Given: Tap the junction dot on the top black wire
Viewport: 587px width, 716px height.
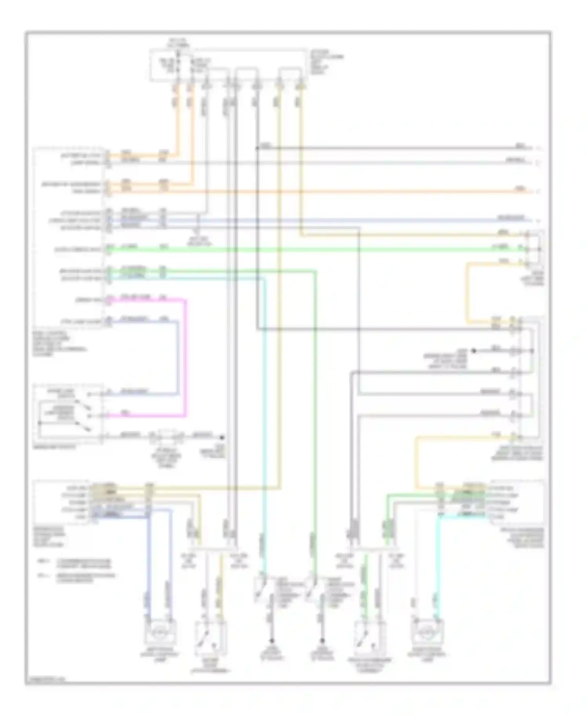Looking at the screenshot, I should [257, 148].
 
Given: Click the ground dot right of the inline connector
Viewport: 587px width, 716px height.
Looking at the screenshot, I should [222, 437].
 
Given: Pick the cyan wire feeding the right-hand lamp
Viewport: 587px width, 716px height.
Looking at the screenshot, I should [438, 568].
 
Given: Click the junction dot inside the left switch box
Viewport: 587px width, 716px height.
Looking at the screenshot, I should [40, 423].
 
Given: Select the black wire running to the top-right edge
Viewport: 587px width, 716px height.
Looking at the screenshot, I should [391, 148].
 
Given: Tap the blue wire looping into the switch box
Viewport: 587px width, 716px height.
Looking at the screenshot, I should [178, 356].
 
